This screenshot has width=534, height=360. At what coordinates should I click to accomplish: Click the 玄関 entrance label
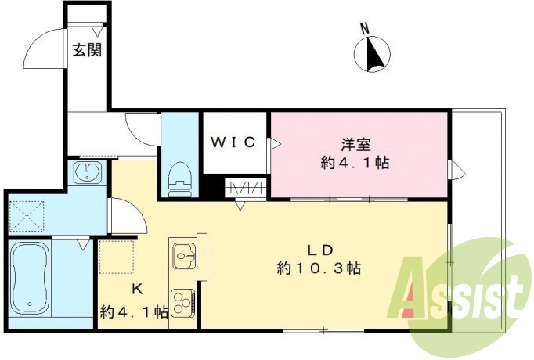[86, 50]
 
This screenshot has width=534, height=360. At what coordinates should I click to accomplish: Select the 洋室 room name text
[355, 145]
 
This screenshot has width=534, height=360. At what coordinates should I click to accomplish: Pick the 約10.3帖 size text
[319, 268]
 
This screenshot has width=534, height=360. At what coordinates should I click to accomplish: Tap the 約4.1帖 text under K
[134, 311]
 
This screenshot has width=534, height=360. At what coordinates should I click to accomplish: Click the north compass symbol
[373, 56]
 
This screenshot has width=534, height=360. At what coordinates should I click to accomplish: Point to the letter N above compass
[364, 28]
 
